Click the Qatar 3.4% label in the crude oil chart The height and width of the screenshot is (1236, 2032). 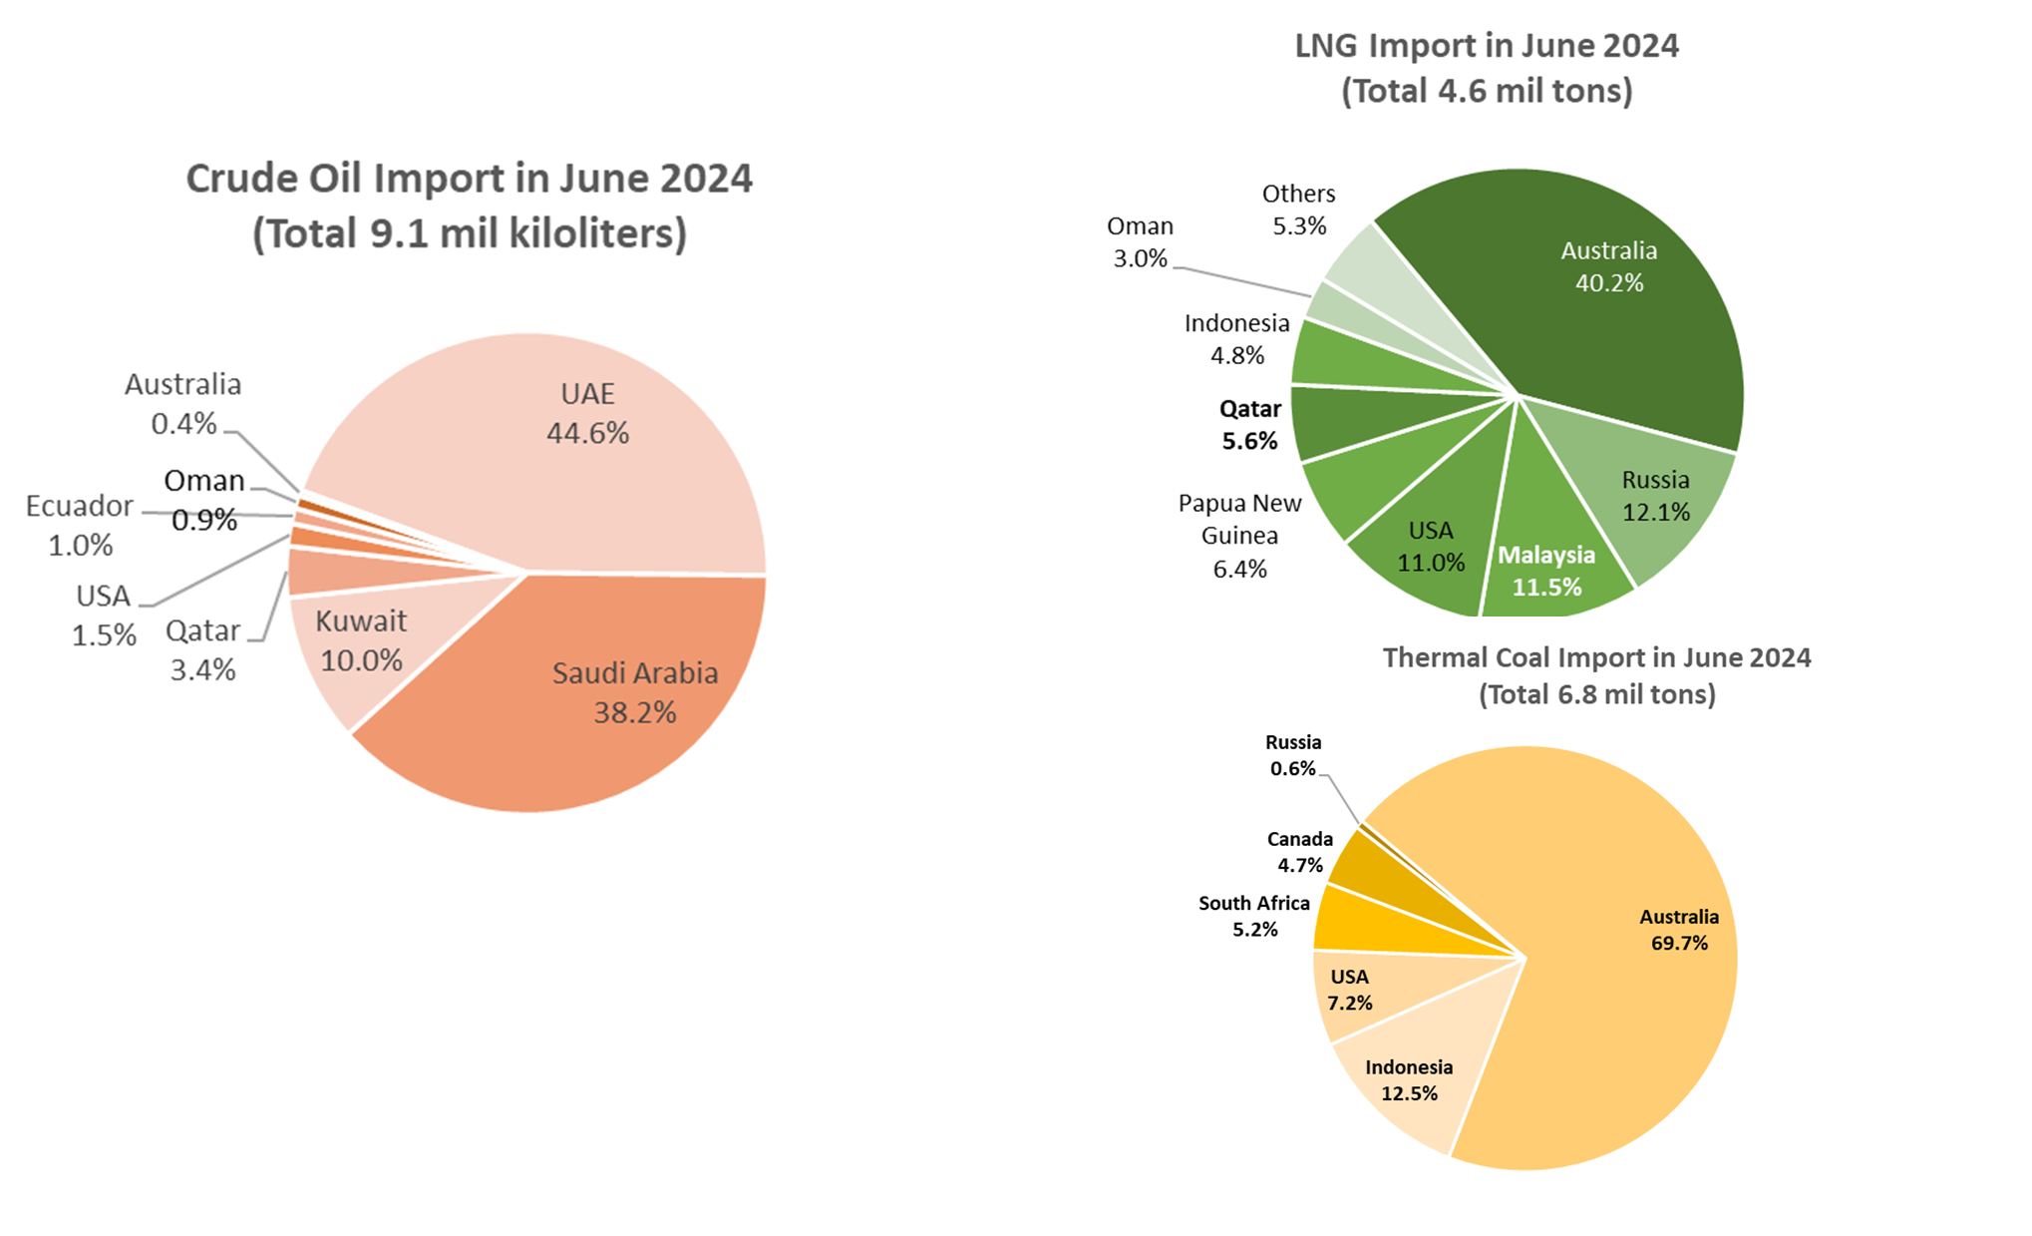tap(203, 649)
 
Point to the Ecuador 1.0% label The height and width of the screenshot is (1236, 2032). tap(80, 525)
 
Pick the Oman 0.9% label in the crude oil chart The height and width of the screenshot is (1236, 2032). tap(204, 500)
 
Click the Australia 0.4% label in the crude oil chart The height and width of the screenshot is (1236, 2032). tap(183, 404)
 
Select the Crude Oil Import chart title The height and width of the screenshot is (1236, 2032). tap(470, 206)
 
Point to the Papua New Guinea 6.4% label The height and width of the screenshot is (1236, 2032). tap(1239, 536)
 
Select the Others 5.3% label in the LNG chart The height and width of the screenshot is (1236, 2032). tap(1299, 209)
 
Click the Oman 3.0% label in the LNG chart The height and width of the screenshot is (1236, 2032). tap(1141, 242)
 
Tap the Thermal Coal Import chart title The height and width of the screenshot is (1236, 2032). tap(1596, 675)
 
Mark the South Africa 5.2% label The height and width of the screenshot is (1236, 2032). tap(1254, 916)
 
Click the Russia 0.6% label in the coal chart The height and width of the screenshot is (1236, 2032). tap(1293, 755)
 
